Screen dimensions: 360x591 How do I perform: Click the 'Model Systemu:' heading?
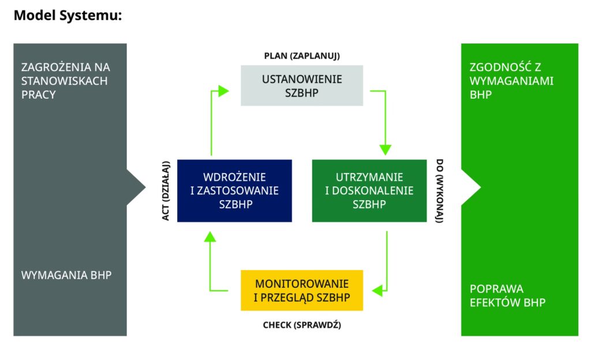coord(68,16)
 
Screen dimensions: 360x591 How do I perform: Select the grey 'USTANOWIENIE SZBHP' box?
coord(302,85)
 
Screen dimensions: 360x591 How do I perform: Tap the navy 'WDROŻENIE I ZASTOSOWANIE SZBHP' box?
coord(234,190)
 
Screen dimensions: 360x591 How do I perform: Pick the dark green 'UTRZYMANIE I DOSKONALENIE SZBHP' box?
coord(369,190)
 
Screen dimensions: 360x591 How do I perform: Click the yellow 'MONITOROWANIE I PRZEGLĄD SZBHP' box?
coord(302,290)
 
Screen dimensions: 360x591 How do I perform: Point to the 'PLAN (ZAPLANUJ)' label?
coord(302,56)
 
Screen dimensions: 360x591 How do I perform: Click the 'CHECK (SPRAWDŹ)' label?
coord(302,325)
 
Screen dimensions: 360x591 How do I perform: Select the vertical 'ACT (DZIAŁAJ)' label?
coord(165,191)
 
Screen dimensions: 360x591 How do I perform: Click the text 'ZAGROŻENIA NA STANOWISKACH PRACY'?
coord(65,81)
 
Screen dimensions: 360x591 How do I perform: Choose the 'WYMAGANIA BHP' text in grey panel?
coord(66,275)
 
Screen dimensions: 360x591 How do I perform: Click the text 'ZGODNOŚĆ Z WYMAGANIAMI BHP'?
coord(511,81)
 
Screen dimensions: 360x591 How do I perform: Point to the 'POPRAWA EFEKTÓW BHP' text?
coord(507,295)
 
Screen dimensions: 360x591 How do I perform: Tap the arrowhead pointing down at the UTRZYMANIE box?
coord(386,149)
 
